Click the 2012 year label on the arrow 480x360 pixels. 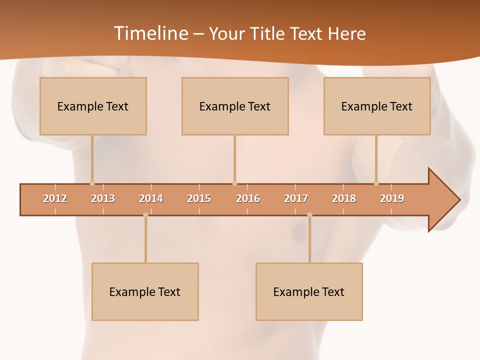pos(55,198)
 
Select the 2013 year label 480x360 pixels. pos(103,198)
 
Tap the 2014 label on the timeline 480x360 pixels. pos(151,198)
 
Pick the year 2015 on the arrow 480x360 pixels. pos(199,198)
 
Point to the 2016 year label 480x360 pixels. pos(248,198)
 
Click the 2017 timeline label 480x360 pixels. pos(296,198)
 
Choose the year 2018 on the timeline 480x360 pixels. pos(344,198)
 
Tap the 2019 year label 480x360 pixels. pos(392,198)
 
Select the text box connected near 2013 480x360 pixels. pos(93,106)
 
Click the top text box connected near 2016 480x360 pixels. pos(235,106)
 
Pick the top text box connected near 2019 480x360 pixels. pos(377,106)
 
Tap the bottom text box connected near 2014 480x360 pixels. pos(145,291)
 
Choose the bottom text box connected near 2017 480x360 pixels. pos(309,291)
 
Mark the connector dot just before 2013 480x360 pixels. pos(92,183)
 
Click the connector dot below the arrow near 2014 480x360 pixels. pos(145,215)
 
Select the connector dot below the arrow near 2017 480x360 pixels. pos(309,215)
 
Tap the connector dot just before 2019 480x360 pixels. pos(376,183)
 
